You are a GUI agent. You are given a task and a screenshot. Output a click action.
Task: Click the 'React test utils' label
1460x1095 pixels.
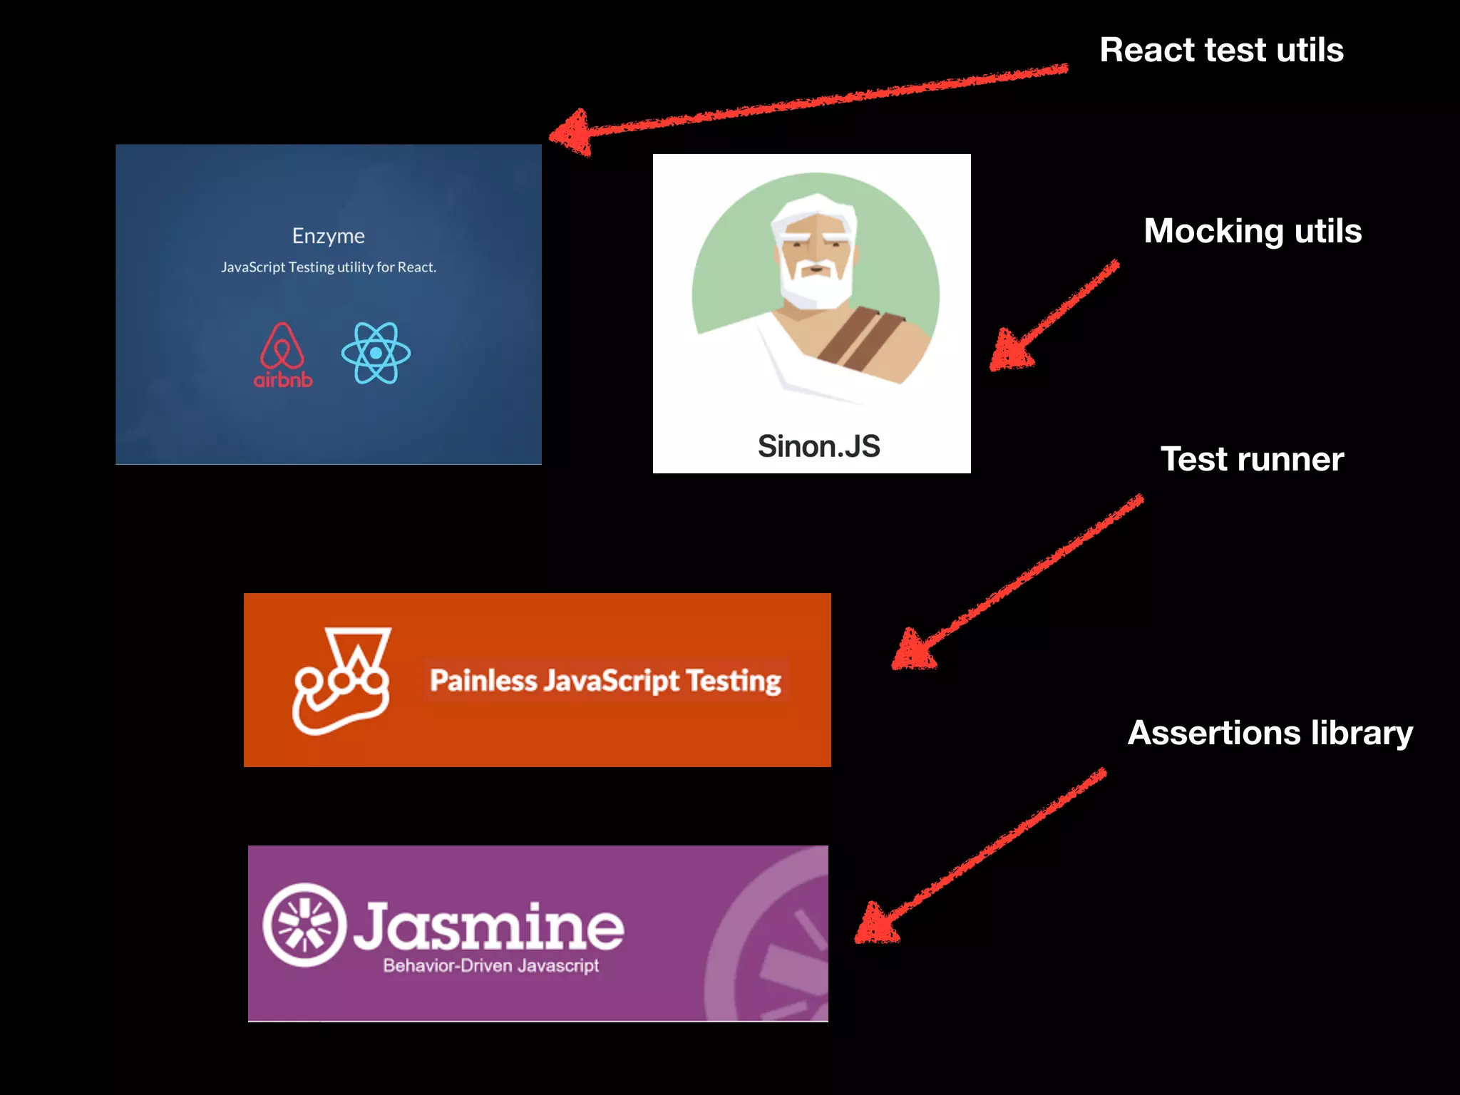(x=1221, y=50)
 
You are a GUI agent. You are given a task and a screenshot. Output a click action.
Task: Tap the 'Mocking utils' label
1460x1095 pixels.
(x=1253, y=231)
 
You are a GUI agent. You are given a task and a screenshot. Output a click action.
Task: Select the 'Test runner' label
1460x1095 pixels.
(x=1252, y=459)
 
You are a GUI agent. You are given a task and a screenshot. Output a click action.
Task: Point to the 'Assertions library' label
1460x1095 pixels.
(x=1270, y=733)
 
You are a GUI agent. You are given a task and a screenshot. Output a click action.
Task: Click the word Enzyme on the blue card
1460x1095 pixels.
(x=328, y=236)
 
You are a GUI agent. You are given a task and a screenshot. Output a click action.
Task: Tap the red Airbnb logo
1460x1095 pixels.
(x=283, y=355)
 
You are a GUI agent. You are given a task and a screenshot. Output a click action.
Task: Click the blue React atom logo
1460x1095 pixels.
(x=376, y=353)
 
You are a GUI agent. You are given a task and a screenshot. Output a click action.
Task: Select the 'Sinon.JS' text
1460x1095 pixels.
(x=818, y=446)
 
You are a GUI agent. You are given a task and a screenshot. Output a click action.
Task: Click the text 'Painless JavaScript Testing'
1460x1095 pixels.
(x=605, y=681)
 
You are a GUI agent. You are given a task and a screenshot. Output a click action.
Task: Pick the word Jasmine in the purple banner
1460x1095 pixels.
(x=489, y=926)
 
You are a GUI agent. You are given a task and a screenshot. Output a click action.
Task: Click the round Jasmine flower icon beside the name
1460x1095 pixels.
(x=304, y=925)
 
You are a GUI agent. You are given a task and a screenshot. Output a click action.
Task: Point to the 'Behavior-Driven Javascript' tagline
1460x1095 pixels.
(x=490, y=966)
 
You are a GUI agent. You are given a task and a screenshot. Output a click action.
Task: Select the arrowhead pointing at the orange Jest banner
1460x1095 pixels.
(x=912, y=650)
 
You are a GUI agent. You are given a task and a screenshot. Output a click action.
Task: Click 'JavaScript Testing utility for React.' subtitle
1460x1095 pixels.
(x=328, y=267)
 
